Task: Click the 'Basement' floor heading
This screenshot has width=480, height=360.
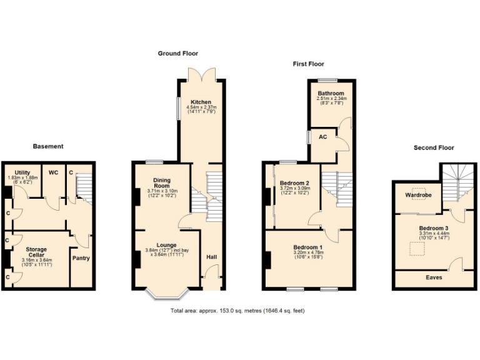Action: pyautogui.click(x=48, y=146)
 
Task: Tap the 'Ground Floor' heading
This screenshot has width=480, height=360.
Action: pyautogui.click(x=177, y=54)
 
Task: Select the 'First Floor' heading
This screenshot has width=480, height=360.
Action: pyautogui.click(x=309, y=64)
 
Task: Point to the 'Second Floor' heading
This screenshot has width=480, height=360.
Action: pyautogui.click(x=434, y=147)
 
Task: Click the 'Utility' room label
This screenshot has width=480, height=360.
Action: pyautogui.click(x=22, y=172)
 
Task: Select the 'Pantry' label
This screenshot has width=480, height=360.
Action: pyautogui.click(x=81, y=258)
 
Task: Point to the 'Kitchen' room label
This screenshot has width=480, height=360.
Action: pyautogui.click(x=201, y=102)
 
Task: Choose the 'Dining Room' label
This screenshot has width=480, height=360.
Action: pyautogui.click(x=162, y=182)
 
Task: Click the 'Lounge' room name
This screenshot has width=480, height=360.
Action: pyautogui.click(x=166, y=245)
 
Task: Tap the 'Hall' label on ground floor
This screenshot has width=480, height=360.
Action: pyautogui.click(x=212, y=257)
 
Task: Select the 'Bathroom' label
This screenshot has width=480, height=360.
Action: pyautogui.click(x=331, y=93)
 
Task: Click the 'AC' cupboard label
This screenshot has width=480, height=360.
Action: pyautogui.click(x=324, y=136)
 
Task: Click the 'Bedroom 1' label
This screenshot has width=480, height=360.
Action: pyautogui.click(x=308, y=247)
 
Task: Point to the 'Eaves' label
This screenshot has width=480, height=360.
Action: pyautogui.click(x=434, y=276)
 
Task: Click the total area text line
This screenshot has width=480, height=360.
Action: pyautogui.click(x=237, y=311)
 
